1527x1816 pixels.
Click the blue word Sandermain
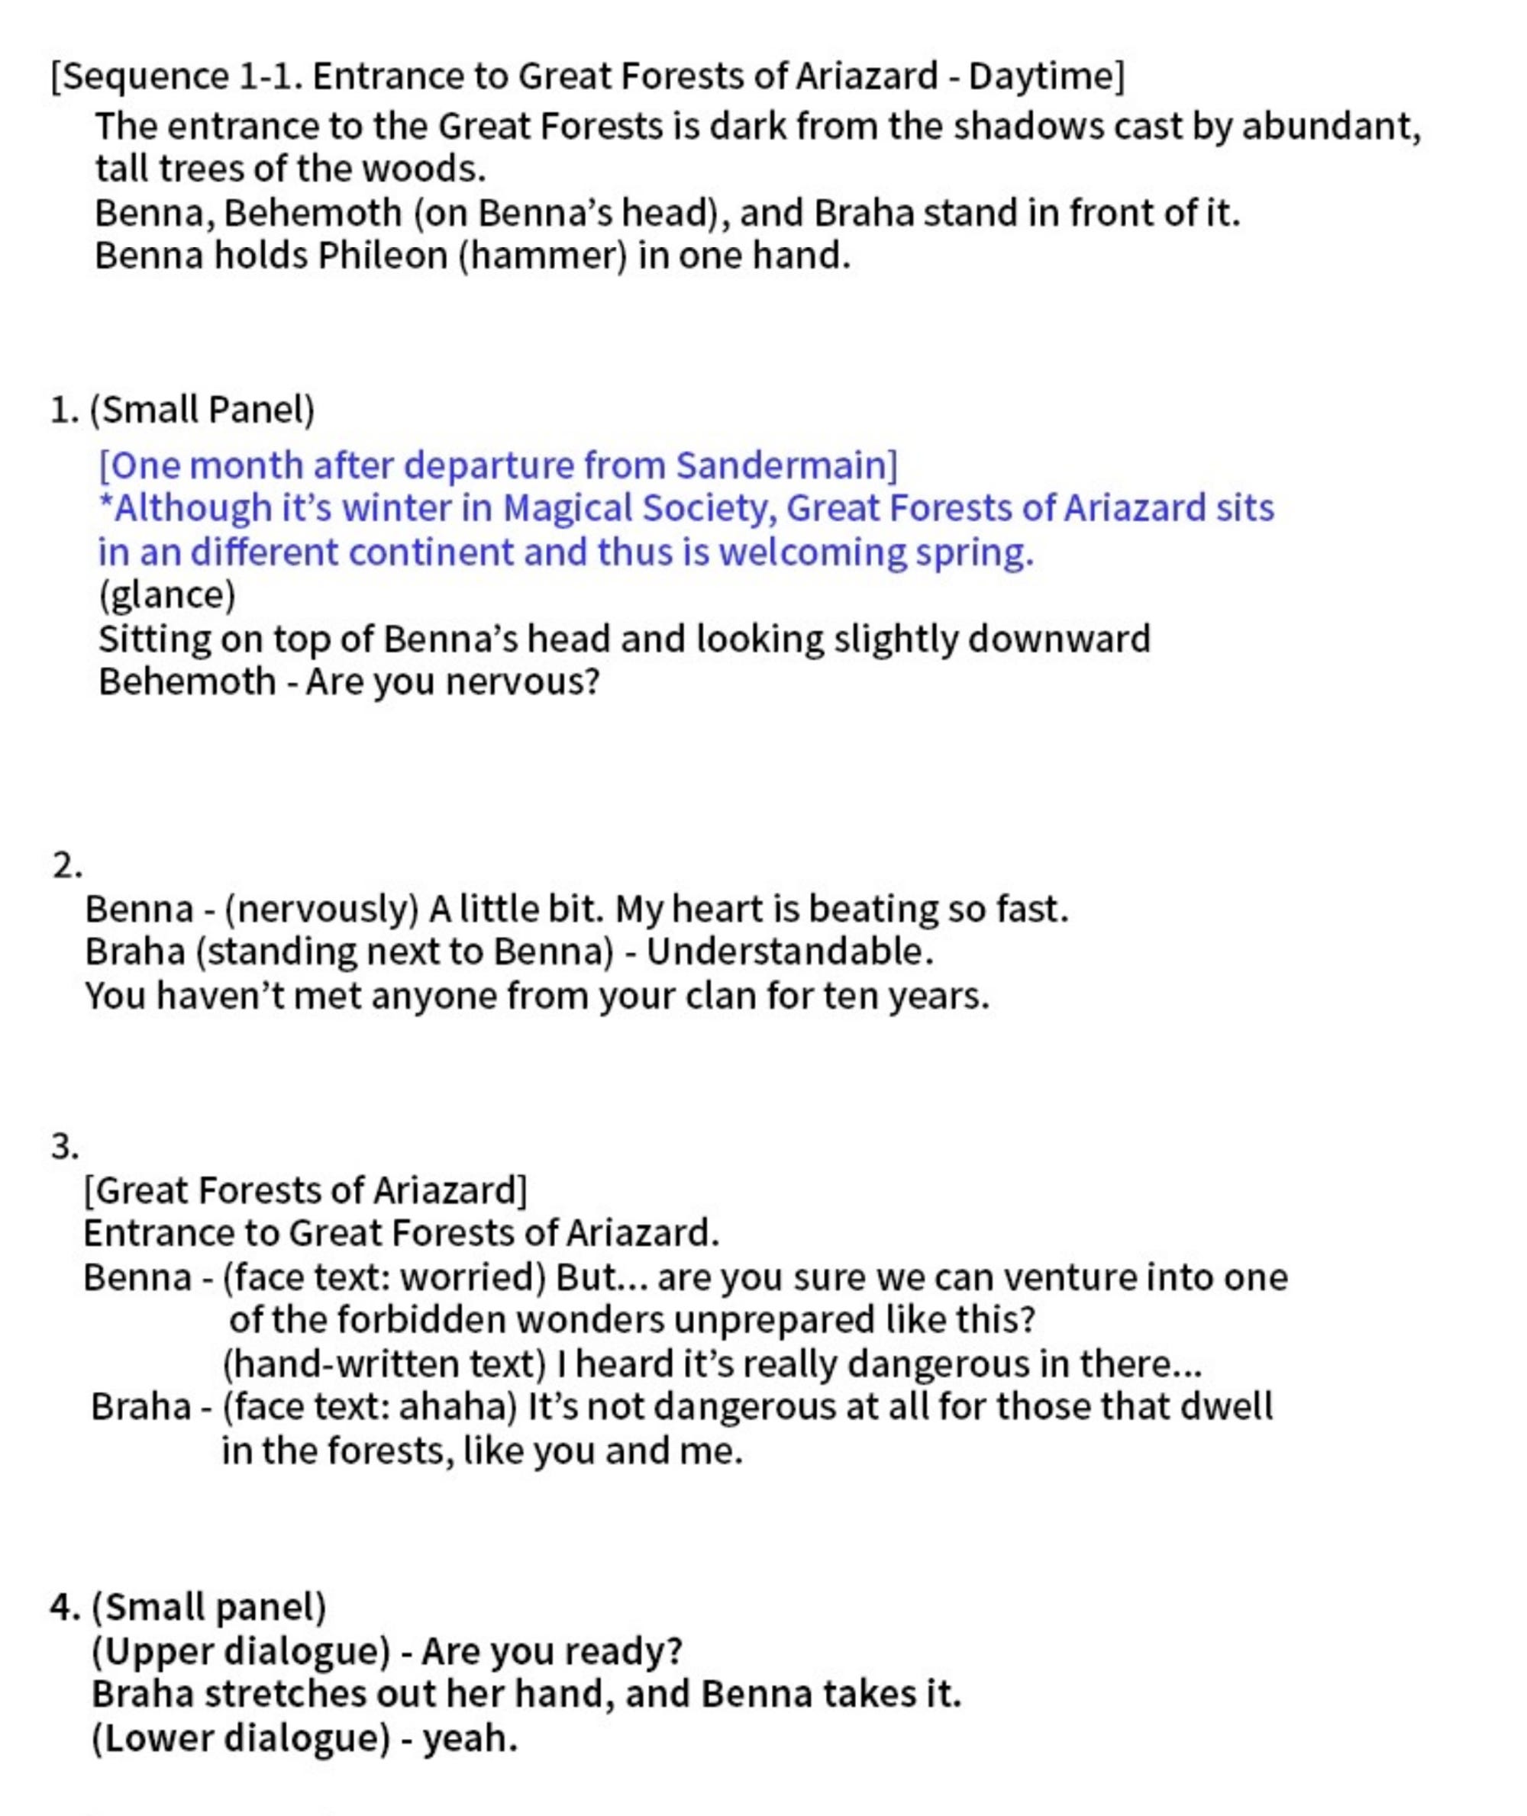point(786,465)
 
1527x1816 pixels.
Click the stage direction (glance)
point(166,595)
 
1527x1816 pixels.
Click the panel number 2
point(66,865)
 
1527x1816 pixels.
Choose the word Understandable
point(789,951)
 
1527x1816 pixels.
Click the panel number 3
point(65,1148)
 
